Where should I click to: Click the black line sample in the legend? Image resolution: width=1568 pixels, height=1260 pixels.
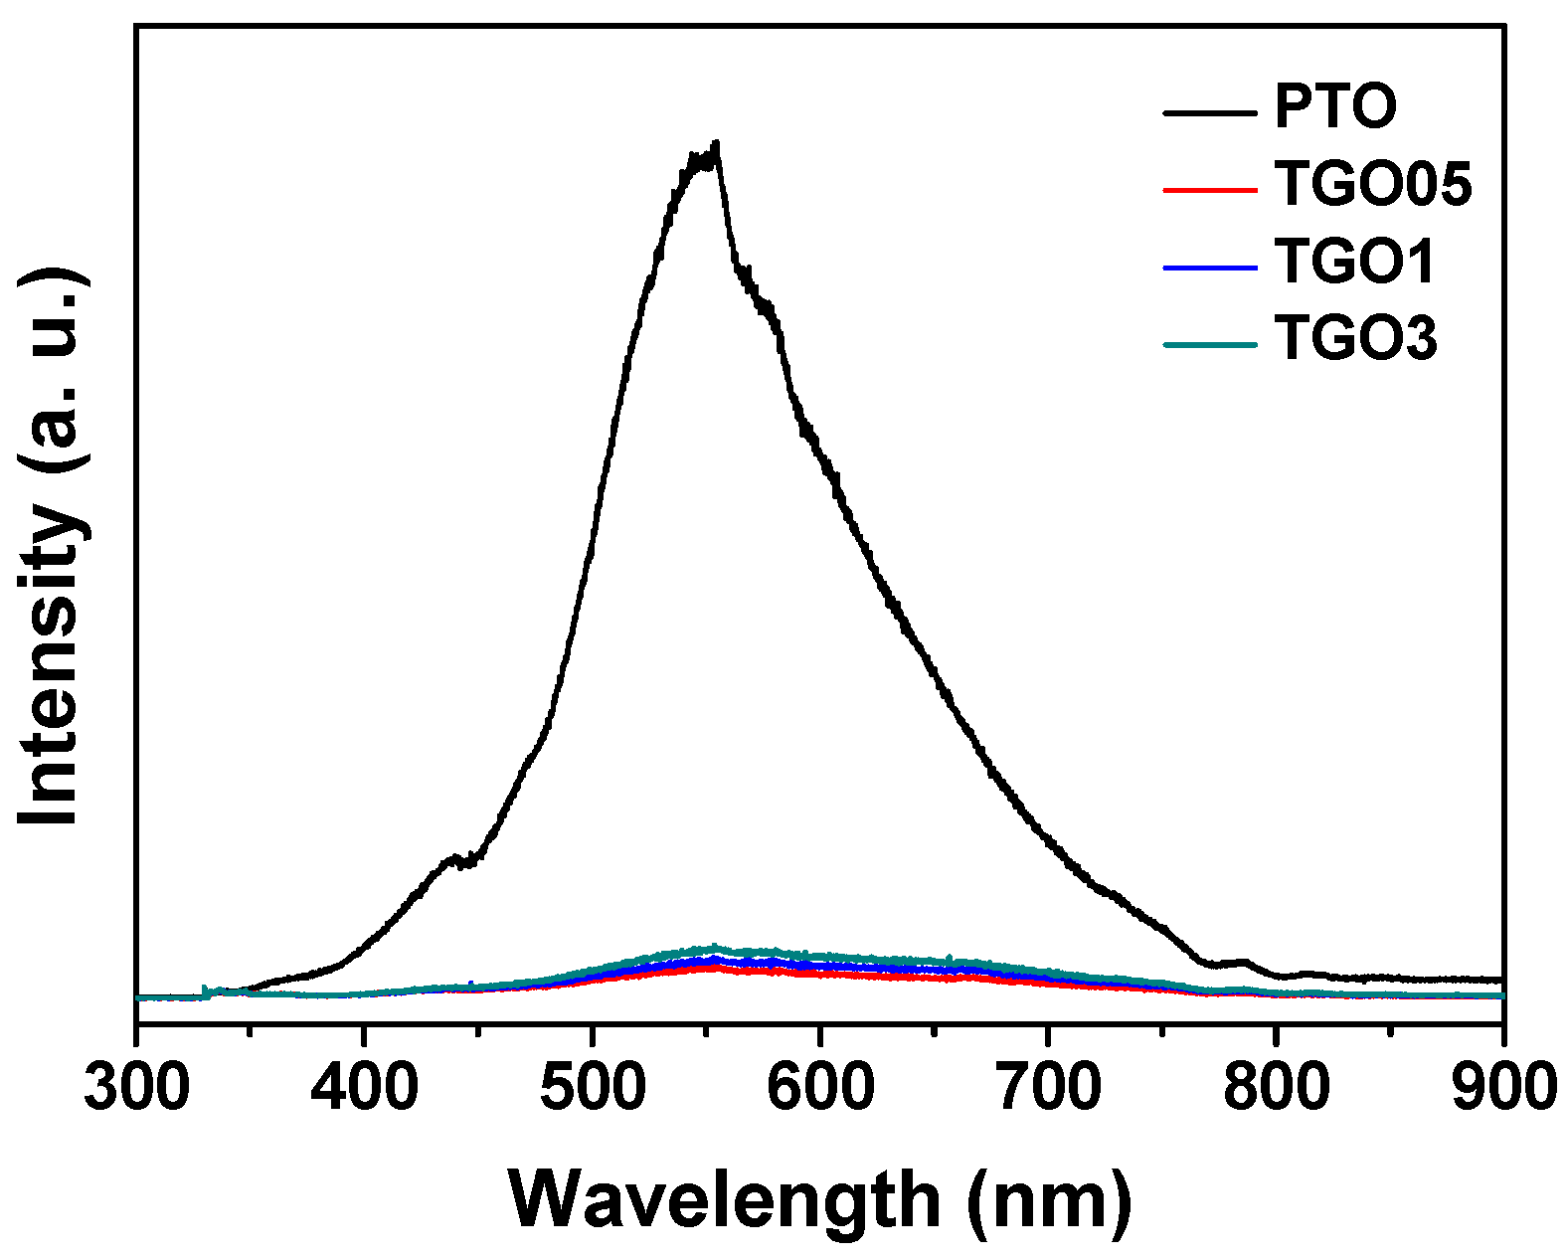(1209, 111)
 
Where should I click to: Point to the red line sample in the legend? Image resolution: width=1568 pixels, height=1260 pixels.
(1209, 188)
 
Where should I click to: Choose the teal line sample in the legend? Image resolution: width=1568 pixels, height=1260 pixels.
(1209, 344)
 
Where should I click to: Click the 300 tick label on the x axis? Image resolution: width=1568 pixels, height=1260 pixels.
(136, 1087)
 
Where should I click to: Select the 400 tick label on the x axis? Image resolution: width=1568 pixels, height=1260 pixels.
(364, 1087)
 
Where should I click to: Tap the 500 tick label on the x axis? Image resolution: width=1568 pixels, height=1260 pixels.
(592, 1087)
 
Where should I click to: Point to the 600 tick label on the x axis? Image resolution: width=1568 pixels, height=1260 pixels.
(819, 1087)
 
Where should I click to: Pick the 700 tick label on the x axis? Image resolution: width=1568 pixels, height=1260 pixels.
(1047, 1087)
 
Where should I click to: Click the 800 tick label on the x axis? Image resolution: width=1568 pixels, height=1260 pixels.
(1275, 1087)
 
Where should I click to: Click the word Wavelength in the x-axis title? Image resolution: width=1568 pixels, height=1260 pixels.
(725, 1200)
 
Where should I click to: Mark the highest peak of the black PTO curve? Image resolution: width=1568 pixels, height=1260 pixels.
(715, 145)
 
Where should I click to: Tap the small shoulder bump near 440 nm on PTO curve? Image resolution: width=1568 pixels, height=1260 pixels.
(454, 856)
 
